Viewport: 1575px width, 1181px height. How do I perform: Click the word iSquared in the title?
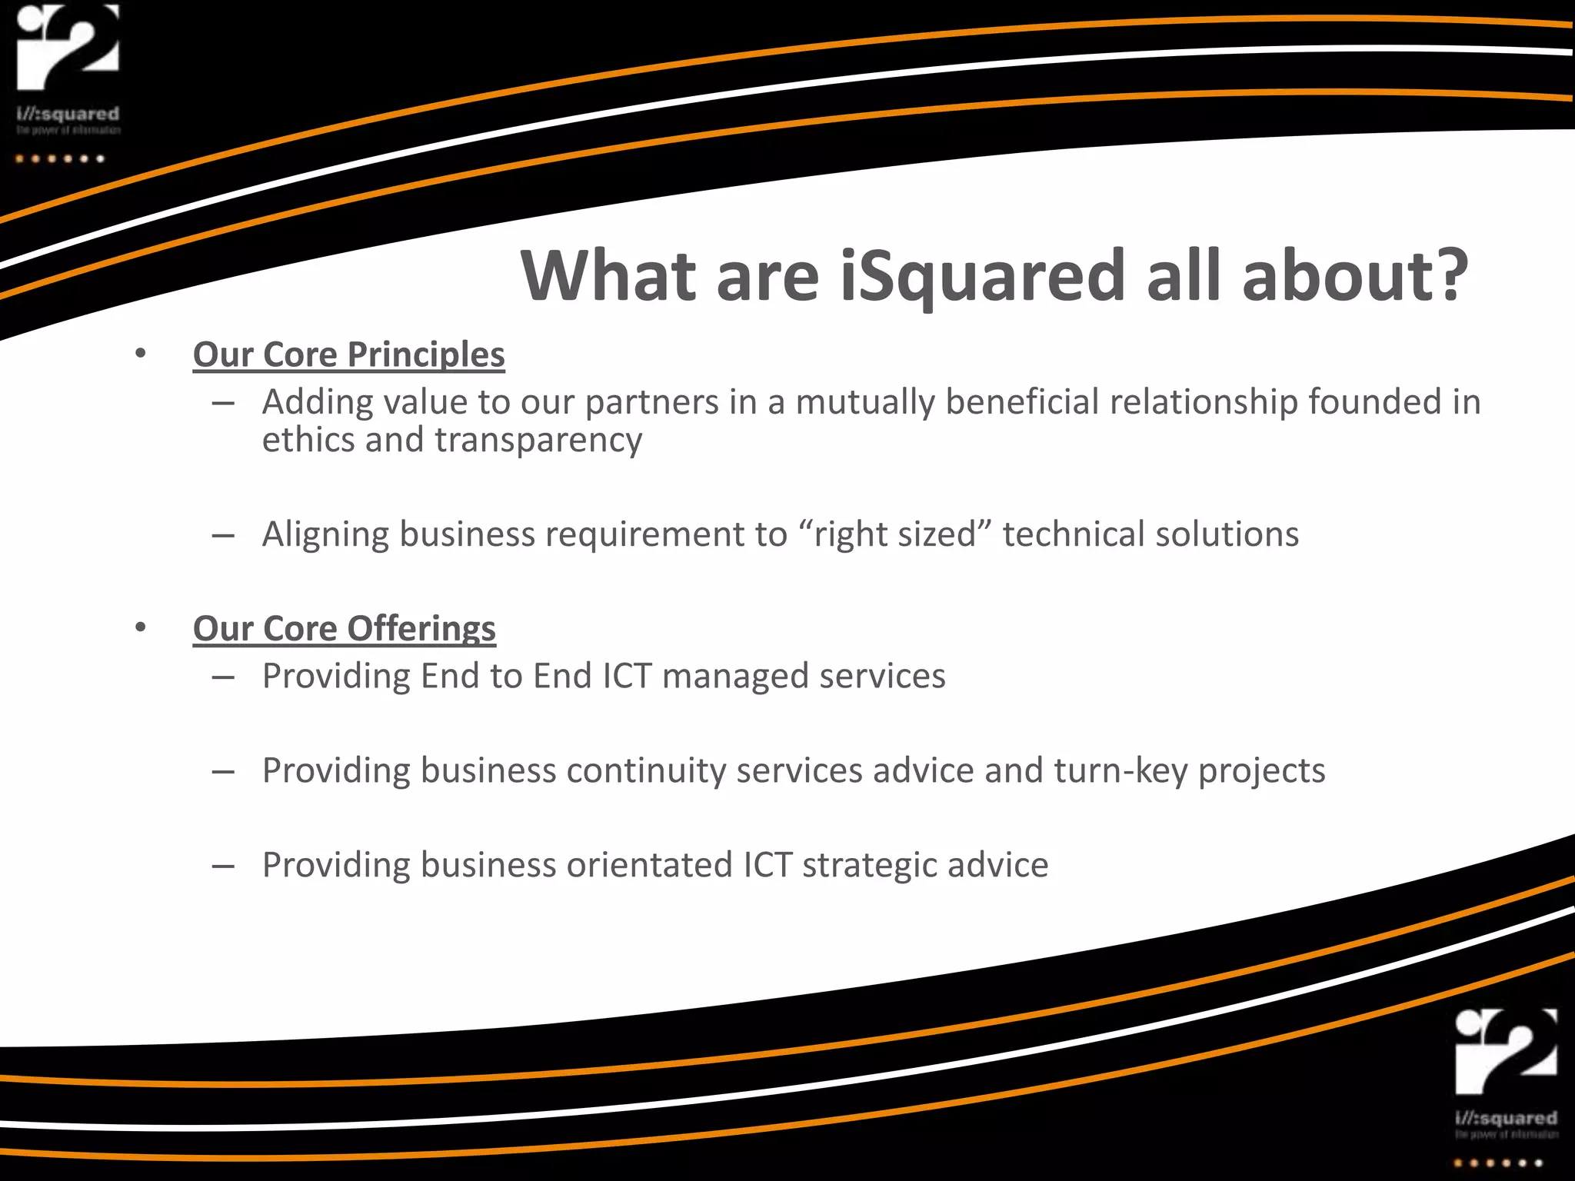(x=983, y=277)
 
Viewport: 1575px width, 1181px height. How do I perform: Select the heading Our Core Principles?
(x=348, y=355)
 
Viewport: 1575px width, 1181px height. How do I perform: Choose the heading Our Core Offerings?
(x=344, y=629)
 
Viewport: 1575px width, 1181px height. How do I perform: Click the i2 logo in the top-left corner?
(x=68, y=48)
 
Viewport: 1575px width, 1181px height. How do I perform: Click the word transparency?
(x=538, y=441)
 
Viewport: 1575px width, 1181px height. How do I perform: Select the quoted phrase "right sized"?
(x=894, y=534)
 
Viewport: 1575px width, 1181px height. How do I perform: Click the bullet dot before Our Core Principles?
(x=140, y=354)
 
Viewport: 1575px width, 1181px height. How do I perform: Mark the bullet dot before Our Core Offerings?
(x=140, y=627)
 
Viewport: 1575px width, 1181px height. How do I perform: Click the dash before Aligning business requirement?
(x=223, y=535)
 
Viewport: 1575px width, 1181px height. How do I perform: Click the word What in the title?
(x=608, y=277)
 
